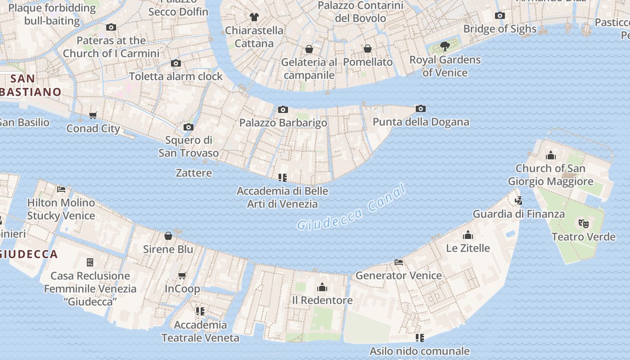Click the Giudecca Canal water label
click(351, 208)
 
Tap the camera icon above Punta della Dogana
click(421, 108)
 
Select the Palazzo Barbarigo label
click(283, 122)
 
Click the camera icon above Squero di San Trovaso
click(189, 127)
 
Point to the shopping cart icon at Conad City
click(93, 115)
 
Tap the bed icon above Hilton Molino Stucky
click(61, 189)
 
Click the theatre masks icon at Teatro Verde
click(583, 223)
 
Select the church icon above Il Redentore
click(322, 287)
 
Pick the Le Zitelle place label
click(468, 248)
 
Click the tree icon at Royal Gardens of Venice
click(445, 46)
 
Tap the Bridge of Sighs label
click(499, 29)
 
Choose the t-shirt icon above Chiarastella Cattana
click(254, 17)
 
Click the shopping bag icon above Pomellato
click(368, 49)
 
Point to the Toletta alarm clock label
click(176, 76)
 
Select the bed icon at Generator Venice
click(398, 262)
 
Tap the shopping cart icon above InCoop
click(182, 275)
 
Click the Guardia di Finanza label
click(518, 214)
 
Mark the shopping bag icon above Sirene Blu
click(168, 236)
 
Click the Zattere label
click(193, 173)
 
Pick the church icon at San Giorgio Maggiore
click(550, 156)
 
